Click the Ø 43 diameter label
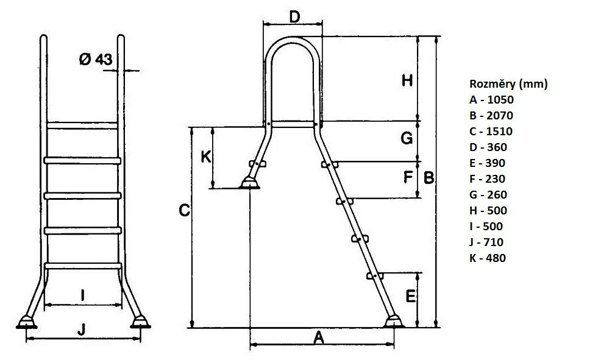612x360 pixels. [x=96, y=59]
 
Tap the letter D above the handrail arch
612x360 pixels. [x=294, y=17]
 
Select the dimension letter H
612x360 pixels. [x=407, y=81]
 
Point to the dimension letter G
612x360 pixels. [x=407, y=138]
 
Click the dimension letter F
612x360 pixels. [x=408, y=177]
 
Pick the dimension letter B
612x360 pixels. [x=429, y=178]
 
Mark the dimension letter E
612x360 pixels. [x=411, y=297]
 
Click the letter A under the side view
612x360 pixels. [x=319, y=337]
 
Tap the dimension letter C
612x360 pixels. [x=184, y=211]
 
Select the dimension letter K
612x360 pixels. [x=206, y=157]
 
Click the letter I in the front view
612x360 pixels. [x=82, y=295]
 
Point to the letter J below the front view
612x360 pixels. [x=81, y=329]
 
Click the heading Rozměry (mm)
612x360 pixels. [x=508, y=84]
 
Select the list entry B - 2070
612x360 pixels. [x=491, y=116]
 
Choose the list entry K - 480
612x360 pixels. [x=488, y=258]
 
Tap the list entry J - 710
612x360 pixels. [x=486, y=242]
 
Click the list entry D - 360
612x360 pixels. [x=488, y=147]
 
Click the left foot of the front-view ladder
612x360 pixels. [x=27, y=323]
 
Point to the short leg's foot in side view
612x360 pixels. [x=249, y=183]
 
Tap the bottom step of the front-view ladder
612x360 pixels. [x=83, y=266]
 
